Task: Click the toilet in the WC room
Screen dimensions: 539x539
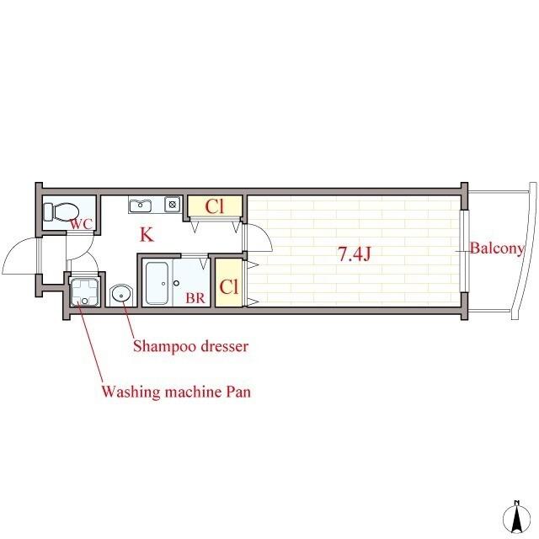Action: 61,211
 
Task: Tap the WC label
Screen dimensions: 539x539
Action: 82,224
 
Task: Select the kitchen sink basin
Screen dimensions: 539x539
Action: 141,205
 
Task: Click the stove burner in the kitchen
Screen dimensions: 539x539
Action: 173,205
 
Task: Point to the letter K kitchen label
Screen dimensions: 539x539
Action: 147,234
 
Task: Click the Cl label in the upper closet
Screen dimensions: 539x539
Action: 215,206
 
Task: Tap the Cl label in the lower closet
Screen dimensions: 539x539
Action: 229,286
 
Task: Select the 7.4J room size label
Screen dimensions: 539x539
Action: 355,254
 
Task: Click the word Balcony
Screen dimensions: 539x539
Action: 497,248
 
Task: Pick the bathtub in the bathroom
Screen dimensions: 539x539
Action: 157,284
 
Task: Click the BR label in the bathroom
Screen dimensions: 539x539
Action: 195,297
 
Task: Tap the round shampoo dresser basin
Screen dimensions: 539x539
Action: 121,295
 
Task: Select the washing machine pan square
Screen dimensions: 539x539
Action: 85,291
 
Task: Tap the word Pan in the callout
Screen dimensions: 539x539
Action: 237,392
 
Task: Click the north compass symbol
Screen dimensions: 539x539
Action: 516,517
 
